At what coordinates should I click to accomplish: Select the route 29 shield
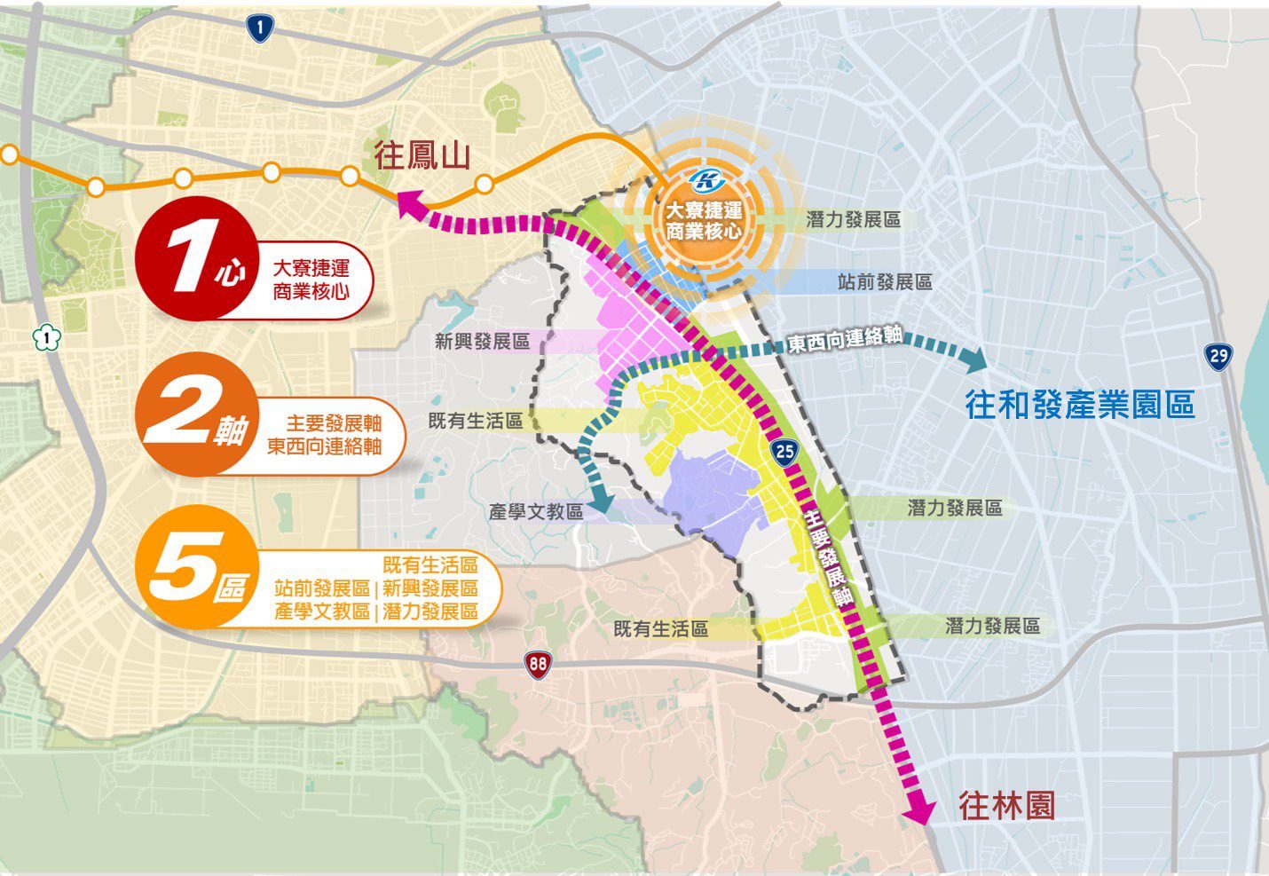[1218, 357]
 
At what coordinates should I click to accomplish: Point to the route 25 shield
[784, 452]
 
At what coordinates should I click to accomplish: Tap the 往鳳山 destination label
[421, 156]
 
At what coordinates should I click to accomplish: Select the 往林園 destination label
[1006, 806]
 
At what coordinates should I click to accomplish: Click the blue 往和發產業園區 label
[1080, 405]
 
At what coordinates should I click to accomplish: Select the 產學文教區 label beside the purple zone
[536, 512]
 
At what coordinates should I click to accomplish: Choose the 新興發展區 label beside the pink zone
[482, 342]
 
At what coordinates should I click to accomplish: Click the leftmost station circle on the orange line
[9, 154]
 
